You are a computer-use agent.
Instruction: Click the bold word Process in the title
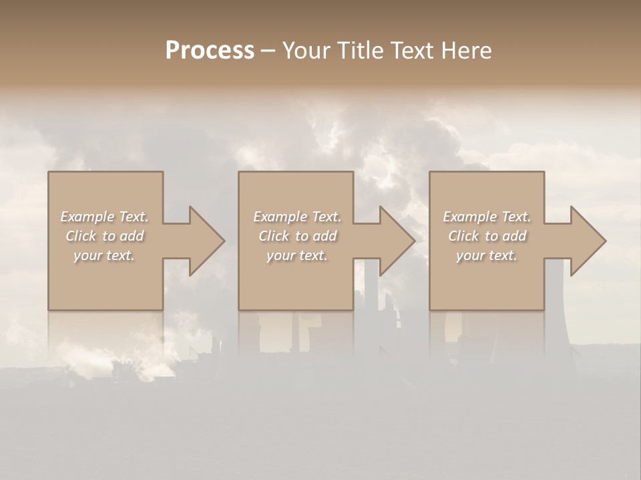click(210, 51)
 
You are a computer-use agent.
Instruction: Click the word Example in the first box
click(88, 217)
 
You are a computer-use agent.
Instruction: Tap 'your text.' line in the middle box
click(297, 255)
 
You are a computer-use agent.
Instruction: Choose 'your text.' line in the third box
click(487, 255)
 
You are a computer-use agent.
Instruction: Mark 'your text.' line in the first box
click(104, 255)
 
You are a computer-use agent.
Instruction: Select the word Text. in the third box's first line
click(515, 217)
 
